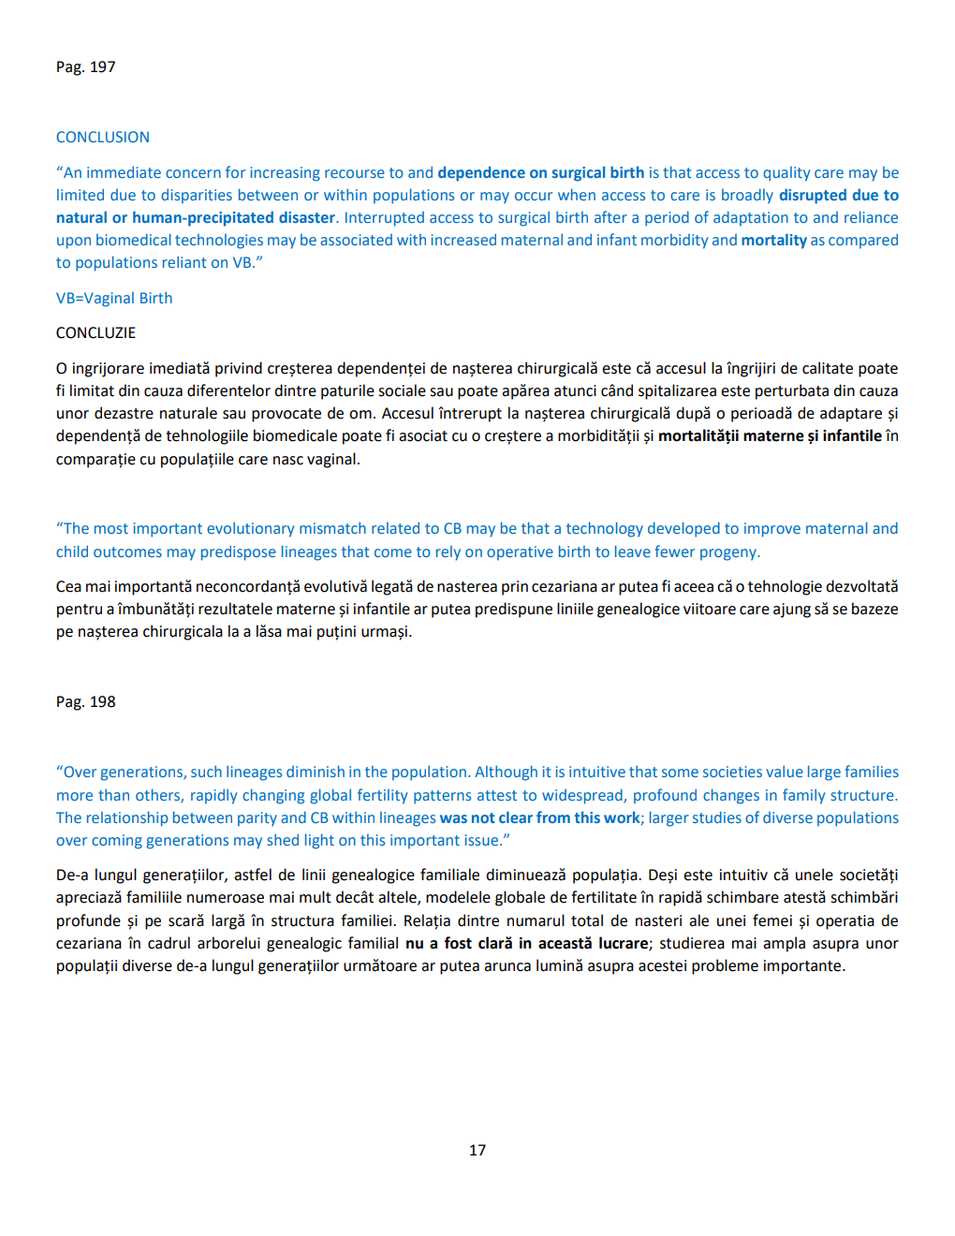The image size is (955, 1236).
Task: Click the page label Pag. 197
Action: tap(85, 67)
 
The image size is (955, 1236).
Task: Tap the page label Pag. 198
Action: tap(85, 702)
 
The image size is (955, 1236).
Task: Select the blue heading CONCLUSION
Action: tap(103, 138)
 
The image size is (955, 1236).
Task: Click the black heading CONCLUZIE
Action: tap(95, 333)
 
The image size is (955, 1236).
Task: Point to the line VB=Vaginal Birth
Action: tap(114, 299)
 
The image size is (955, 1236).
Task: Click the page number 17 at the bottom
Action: tap(477, 1150)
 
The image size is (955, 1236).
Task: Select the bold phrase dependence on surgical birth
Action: tap(540, 173)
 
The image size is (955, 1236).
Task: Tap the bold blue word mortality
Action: tap(773, 241)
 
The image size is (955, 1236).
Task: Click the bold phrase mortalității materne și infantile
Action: tap(770, 436)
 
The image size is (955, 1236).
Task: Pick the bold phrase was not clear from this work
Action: tap(540, 818)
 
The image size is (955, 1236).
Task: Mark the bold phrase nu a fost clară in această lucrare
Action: tap(526, 944)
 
